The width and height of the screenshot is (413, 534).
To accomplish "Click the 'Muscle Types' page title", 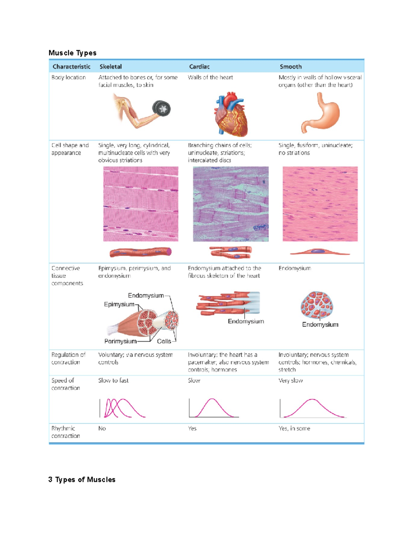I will point(72,53).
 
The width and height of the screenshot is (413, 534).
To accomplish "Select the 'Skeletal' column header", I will point(110,67).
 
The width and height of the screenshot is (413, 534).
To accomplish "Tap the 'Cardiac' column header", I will point(199,67).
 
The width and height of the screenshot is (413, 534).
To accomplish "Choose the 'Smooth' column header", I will point(290,67).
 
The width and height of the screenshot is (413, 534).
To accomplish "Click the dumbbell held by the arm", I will point(162,109).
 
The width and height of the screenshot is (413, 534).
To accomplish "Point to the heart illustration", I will point(231,115).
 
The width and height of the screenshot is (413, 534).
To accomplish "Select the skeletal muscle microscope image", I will point(141,204).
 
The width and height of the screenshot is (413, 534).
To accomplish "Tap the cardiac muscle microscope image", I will point(231,204).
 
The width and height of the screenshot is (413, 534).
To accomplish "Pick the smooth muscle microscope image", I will point(320,204).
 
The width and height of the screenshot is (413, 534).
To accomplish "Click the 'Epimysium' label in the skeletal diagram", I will point(119,304).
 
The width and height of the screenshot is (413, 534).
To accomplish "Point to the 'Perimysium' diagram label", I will point(120,341).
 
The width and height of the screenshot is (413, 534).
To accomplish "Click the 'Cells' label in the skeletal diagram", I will point(164,341).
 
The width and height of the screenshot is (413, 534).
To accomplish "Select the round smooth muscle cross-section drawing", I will point(317,305).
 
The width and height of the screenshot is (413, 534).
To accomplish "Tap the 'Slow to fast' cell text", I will point(113,381).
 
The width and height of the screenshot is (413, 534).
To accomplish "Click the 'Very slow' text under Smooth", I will point(290,381).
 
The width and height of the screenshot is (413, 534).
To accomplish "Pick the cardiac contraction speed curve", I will point(213,408).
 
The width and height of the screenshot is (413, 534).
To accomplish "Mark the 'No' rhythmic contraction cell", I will point(102,428).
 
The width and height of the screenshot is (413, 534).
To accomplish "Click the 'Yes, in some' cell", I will point(294,428).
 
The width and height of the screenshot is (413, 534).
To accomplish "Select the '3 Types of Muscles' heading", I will point(82,480).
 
